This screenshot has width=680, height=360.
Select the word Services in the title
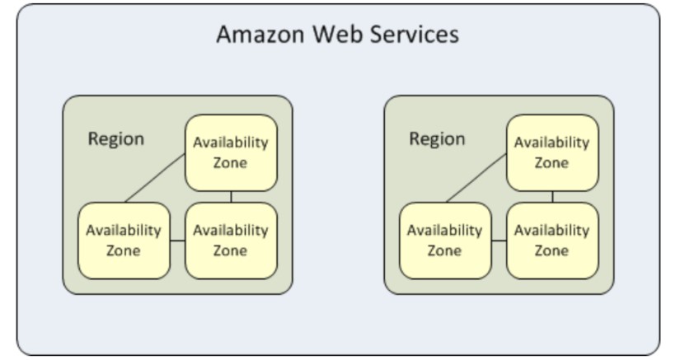(411, 35)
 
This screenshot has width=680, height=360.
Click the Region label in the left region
(115, 138)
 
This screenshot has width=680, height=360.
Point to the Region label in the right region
(437, 138)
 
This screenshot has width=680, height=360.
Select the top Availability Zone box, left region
(231, 152)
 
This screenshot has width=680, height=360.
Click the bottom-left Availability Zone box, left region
(124, 240)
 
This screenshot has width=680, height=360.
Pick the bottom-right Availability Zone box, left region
(231, 240)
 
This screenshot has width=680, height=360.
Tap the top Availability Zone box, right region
(552, 152)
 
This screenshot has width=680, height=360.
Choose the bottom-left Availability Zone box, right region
(445, 240)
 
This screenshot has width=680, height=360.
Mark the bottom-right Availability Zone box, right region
(552, 240)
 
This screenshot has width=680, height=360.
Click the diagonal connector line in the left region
(155, 177)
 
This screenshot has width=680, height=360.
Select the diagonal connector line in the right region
(476, 177)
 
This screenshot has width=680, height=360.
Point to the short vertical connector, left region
(231, 196)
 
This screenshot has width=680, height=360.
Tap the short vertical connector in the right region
(552, 196)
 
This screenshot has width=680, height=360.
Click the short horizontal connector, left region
(177, 241)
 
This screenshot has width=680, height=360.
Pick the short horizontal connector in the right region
(499, 241)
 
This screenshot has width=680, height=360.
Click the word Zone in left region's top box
(231, 162)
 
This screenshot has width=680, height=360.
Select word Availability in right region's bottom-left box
(445, 230)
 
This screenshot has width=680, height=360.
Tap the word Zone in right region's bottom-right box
(552, 250)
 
